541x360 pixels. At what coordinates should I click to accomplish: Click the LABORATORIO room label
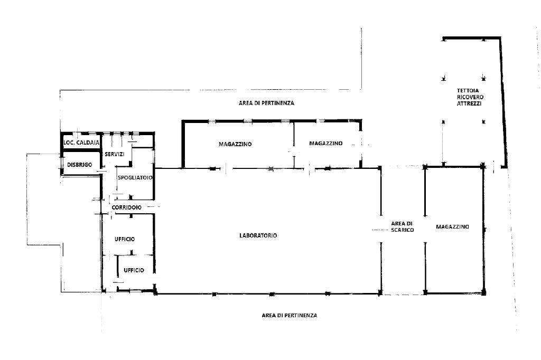(x=258, y=235)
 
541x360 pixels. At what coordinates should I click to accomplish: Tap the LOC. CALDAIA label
(x=81, y=143)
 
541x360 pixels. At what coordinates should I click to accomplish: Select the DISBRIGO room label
(x=80, y=165)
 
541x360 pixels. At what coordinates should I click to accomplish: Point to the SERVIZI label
(x=115, y=154)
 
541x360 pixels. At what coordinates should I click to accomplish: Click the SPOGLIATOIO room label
(x=135, y=177)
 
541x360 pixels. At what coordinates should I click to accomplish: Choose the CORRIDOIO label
(x=127, y=207)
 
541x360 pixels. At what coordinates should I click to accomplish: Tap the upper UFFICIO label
(x=125, y=239)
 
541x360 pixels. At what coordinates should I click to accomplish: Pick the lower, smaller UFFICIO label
(x=134, y=270)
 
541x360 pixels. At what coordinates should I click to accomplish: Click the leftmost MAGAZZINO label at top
(x=235, y=144)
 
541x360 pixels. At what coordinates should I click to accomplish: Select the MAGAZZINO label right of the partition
(x=326, y=143)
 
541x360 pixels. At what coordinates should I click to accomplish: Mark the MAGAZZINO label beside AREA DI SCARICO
(x=453, y=227)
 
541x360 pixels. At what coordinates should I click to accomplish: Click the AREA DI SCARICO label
(x=402, y=226)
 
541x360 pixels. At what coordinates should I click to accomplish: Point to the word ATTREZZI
(x=469, y=103)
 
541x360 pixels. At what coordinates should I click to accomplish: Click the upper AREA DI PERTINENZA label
(x=266, y=103)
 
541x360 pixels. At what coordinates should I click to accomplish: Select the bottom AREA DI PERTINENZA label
(x=290, y=315)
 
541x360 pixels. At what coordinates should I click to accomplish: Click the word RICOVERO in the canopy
(x=470, y=97)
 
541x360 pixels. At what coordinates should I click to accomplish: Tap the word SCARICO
(x=402, y=230)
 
